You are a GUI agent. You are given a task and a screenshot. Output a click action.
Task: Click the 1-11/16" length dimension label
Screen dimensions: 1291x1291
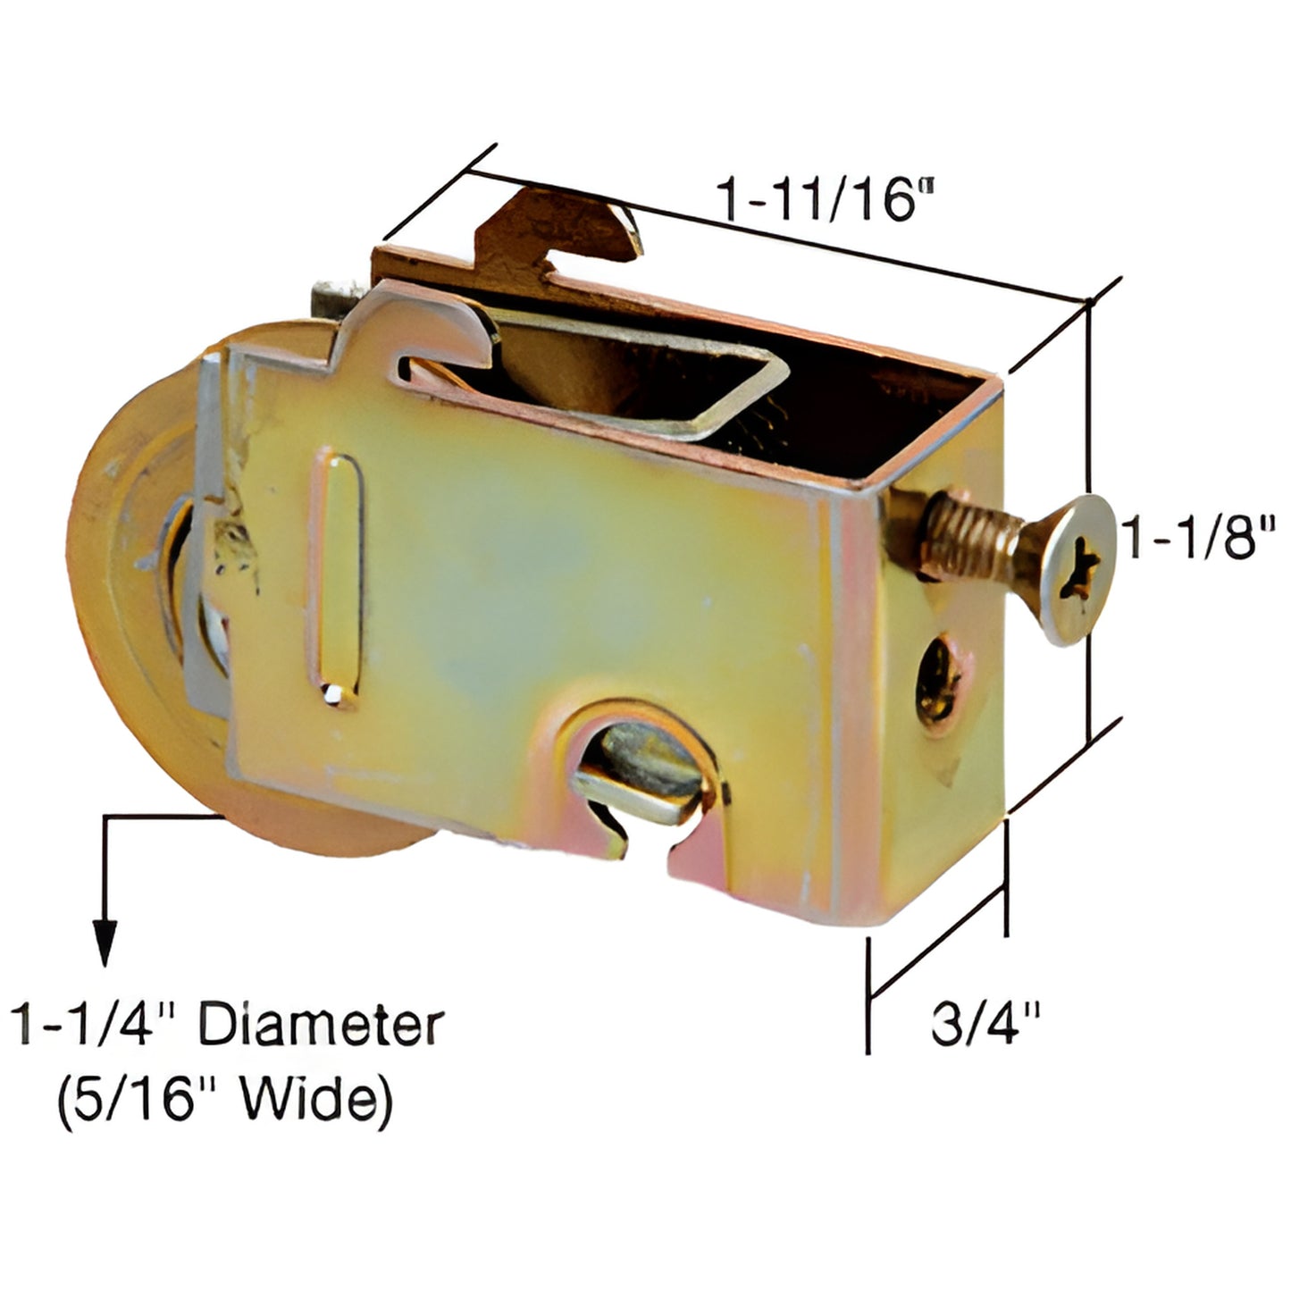pos(819,199)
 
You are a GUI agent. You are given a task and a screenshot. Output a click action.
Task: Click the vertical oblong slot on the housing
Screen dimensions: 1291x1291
pos(340,582)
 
